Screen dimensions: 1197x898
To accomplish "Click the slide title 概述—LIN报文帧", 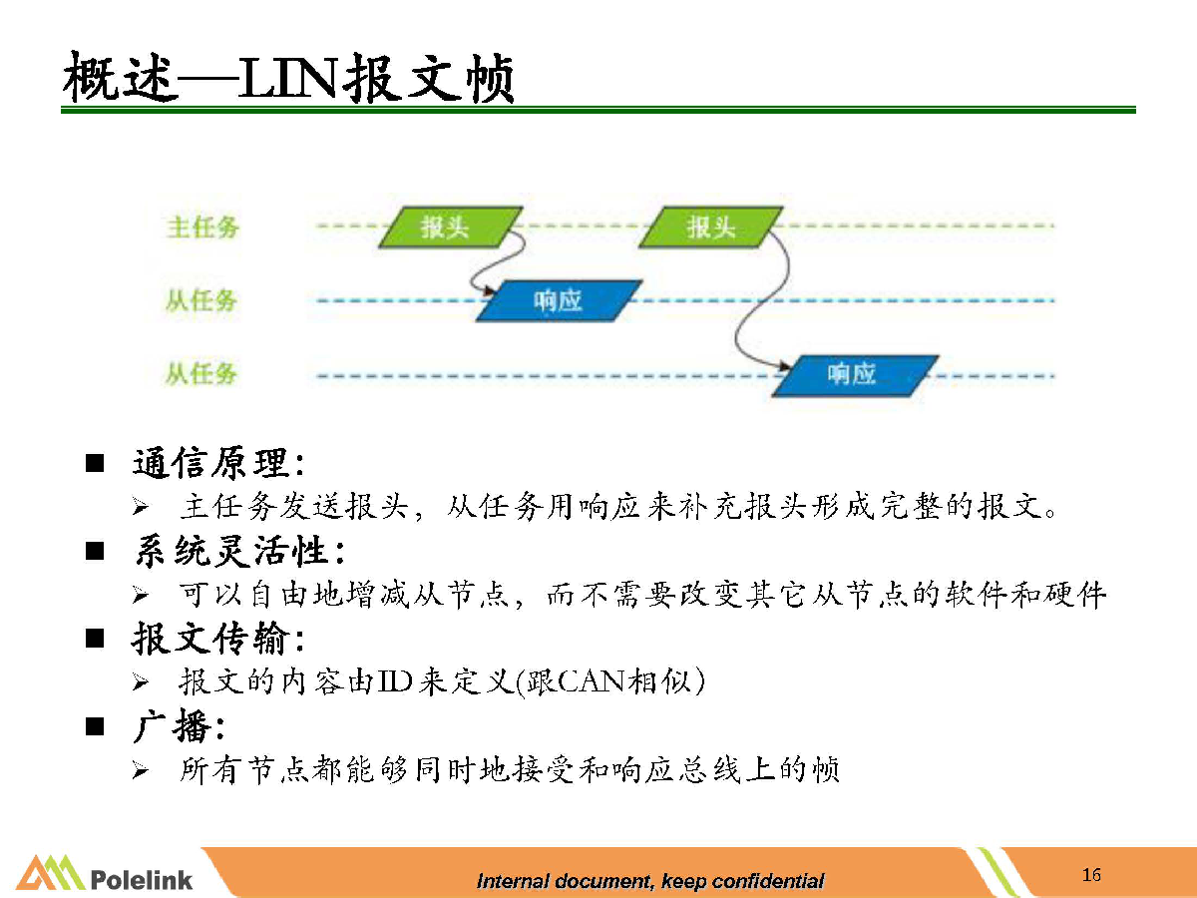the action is [288, 78].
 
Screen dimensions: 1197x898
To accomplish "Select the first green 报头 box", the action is [451, 226].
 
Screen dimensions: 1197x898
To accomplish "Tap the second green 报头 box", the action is [711, 226].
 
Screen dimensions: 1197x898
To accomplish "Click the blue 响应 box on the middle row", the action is [559, 301].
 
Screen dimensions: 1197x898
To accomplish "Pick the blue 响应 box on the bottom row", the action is [855, 376].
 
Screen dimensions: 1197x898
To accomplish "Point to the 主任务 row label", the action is [202, 226].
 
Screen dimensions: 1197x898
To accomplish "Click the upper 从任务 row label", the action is [201, 300].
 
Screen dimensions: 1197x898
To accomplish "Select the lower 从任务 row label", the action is [201, 374].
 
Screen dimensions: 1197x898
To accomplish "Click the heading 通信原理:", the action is [218, 463].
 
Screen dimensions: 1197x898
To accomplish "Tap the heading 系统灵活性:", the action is [240, 551].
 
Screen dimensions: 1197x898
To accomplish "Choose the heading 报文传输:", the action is [218, 638].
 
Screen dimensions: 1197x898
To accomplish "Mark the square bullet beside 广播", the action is [95, 726].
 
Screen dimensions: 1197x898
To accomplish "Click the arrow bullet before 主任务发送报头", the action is [141, 507].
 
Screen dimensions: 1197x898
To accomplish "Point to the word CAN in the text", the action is [592, 681].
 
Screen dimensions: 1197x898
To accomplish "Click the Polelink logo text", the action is [142, 880].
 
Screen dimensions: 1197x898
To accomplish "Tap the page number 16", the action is [1091, 875].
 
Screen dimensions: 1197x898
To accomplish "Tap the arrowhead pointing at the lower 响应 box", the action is [785, 365].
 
